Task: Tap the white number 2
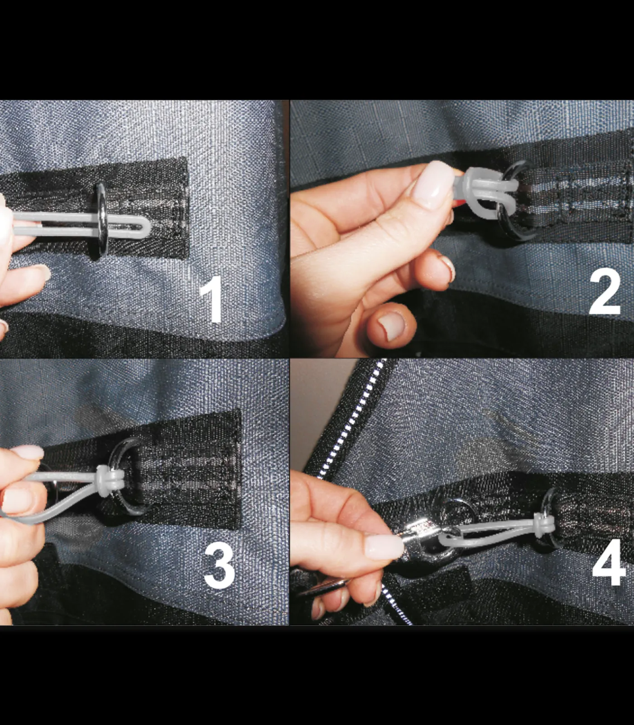[x=605, y=292]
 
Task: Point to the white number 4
[x=609, y=564]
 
